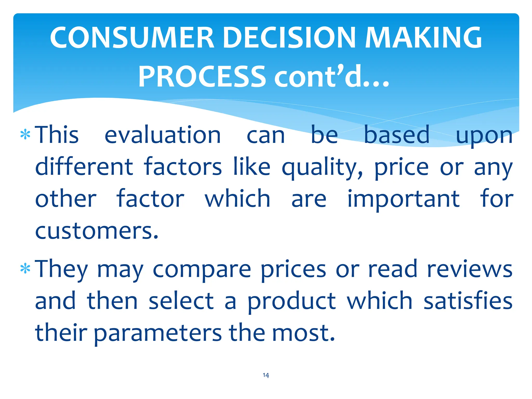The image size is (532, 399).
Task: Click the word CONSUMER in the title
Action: click(x=132, y=38)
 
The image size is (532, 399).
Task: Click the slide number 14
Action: click(x=266, y=375)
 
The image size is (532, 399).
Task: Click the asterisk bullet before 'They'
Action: click(x=25, y=269)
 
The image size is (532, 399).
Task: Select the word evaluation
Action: click(x=163, y=135)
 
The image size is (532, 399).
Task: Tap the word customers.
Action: click(x=97, y=231)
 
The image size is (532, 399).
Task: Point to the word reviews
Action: click(x=470, y=269)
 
